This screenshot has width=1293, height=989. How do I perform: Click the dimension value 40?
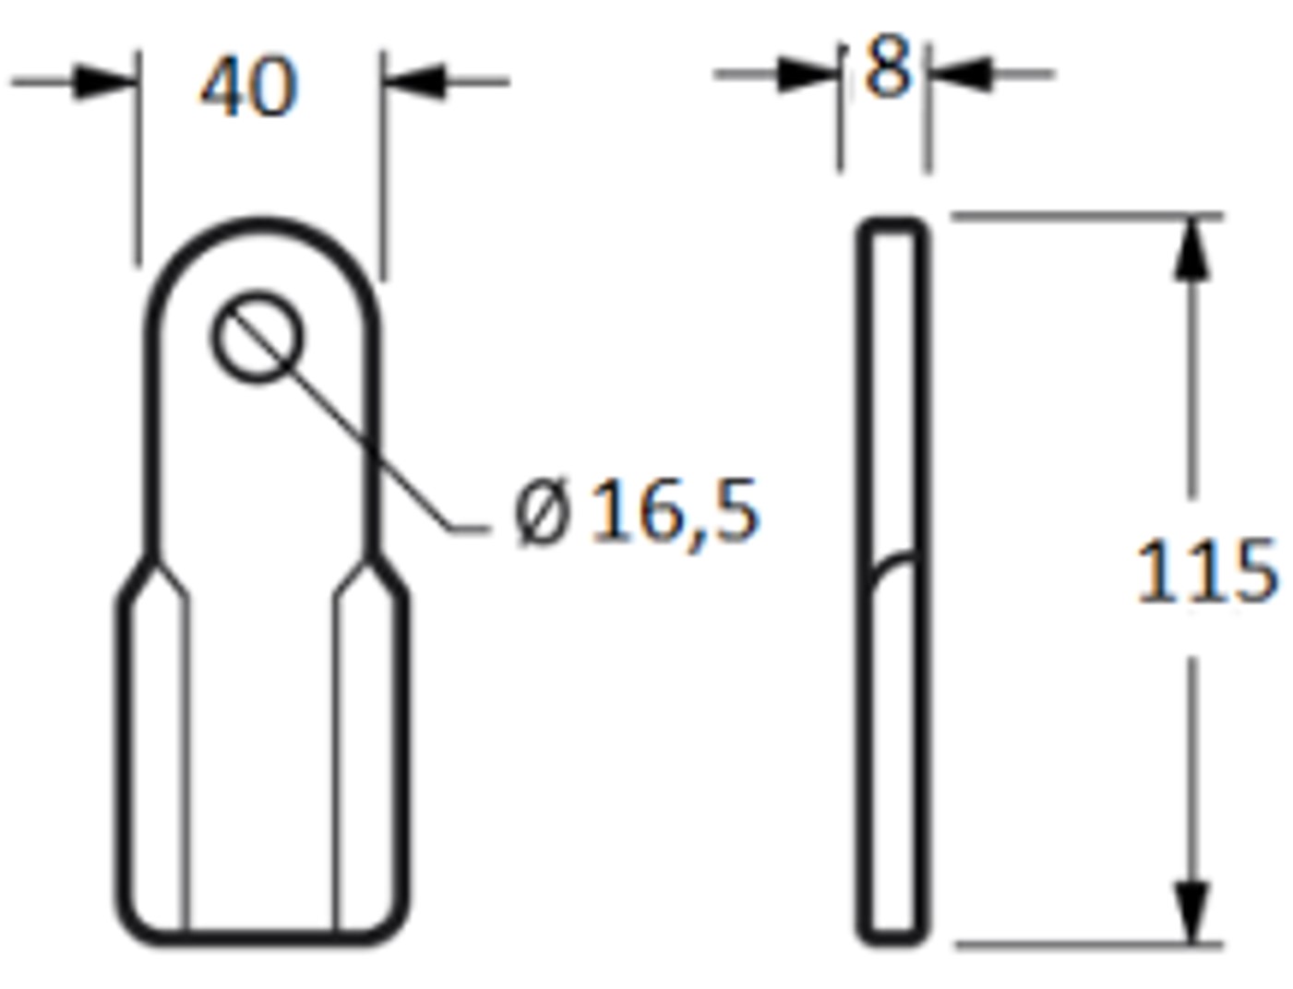tap(248, 87)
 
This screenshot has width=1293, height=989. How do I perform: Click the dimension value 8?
tap(887, 69)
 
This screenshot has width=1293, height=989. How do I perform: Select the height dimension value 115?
tap(1205, 572)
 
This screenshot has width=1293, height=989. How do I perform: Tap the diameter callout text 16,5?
tap(674, 511)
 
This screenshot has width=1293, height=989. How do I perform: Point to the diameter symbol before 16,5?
tap(541, 513)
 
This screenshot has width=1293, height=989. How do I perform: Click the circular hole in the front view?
tap(257, 337)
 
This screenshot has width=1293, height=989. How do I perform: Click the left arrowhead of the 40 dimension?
tap(105, 81)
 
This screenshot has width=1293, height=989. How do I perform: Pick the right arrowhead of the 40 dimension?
tap(415, 81)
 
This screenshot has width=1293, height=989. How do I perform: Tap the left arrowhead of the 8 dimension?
tap(807, 74)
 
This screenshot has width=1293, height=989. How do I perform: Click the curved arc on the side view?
tap(892, 568)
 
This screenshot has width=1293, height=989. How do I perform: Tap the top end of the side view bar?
tap(892, 224)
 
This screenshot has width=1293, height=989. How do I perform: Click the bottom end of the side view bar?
tap(892, 938)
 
